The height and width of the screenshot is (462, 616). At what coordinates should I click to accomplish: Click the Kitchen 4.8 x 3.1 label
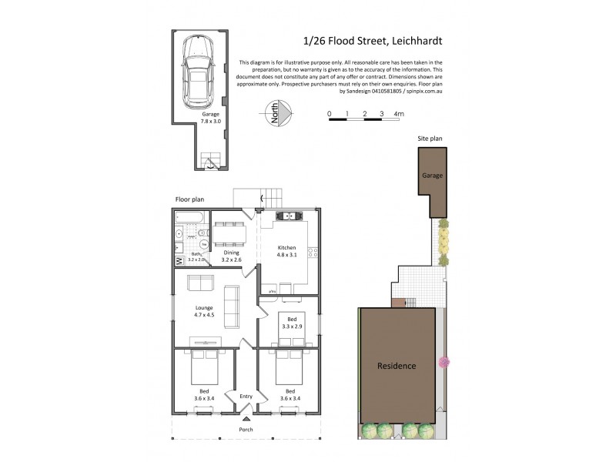click(x=286, y=251)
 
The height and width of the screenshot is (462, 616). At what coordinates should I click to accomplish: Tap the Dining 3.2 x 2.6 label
click(x=232, y=256)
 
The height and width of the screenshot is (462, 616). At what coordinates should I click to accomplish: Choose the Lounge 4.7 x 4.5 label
click(x=204, y=312)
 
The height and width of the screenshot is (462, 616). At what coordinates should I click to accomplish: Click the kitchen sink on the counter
click(x=286, y=216)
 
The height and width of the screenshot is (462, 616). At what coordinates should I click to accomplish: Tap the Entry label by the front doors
click(x=246, y=397)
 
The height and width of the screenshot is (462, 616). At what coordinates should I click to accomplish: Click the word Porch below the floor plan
click(x=245, y=429)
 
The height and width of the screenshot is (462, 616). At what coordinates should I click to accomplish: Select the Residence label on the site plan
click(x=397, y=366)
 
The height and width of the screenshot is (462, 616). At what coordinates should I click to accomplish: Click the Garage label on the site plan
click(x=431, y=176)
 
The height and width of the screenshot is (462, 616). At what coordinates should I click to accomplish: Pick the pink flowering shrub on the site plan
click(x=444, y=361)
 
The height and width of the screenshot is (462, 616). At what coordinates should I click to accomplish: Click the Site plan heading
click(x=430, y=139)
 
